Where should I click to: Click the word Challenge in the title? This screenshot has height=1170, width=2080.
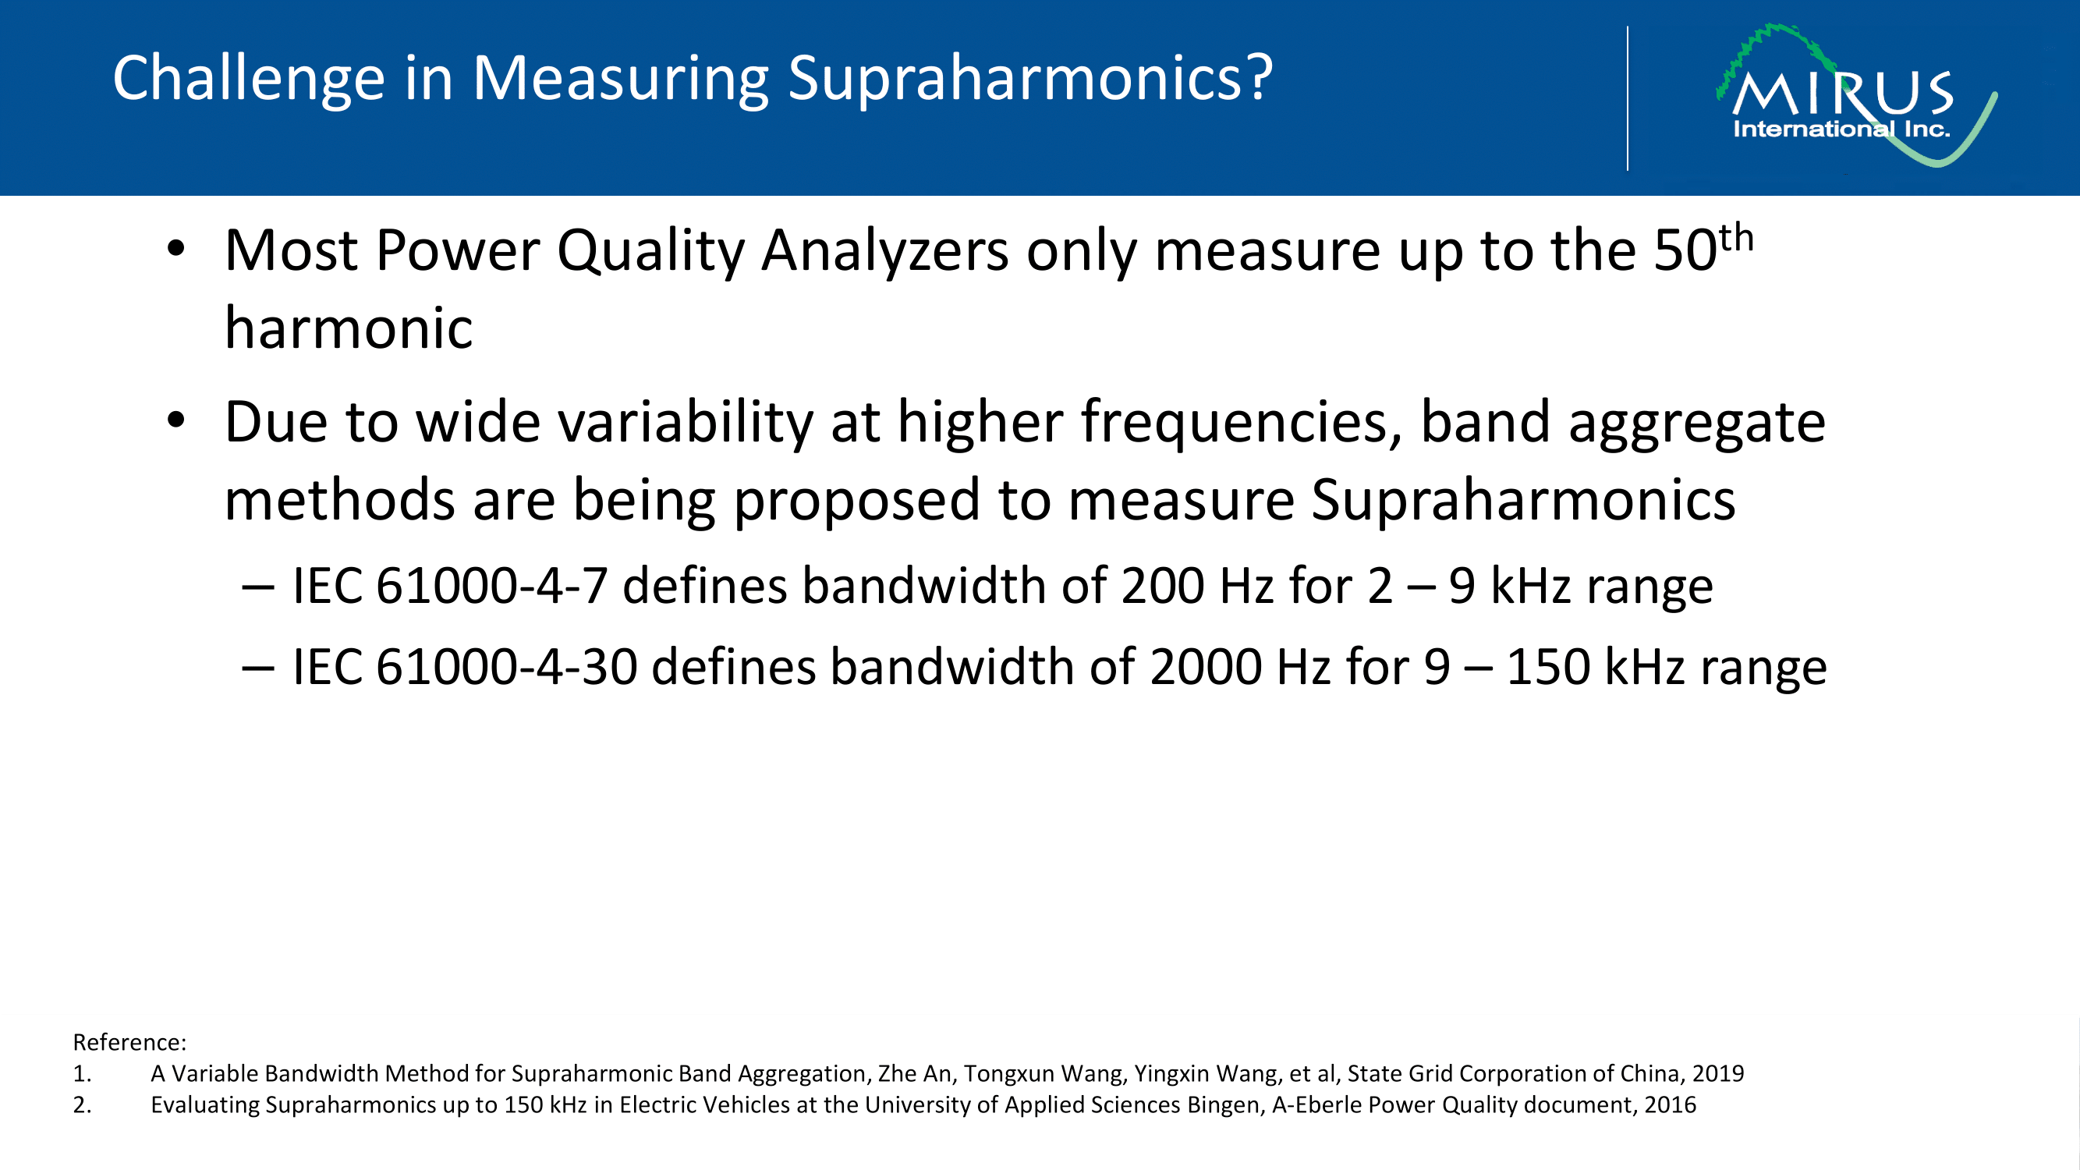249,79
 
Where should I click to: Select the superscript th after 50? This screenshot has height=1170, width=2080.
1736,239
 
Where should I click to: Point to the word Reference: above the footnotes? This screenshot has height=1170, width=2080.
129,1042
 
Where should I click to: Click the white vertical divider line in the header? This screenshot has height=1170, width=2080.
1628,98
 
